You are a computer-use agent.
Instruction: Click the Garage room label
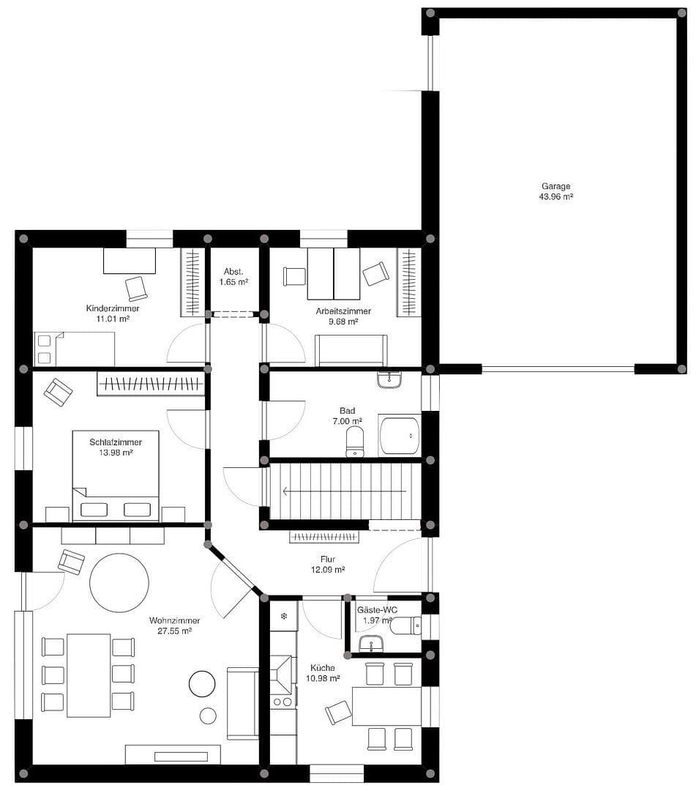(x=555, y=186)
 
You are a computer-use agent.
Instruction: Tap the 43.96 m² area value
(x=555, y=196)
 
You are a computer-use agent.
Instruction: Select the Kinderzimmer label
(x=113, y=308)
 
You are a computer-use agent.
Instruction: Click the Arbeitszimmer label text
(x=343, y=311)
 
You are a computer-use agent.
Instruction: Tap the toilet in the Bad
(x=355, y=442)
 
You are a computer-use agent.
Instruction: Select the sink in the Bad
(x=389, y=380)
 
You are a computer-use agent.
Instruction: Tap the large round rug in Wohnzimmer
(x=119, y=582)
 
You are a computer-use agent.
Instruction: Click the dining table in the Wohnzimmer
(x=89, y=675)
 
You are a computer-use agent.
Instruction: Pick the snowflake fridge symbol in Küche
(x=283, y=617)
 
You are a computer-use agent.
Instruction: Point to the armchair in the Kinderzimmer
(x=137, y=288)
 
